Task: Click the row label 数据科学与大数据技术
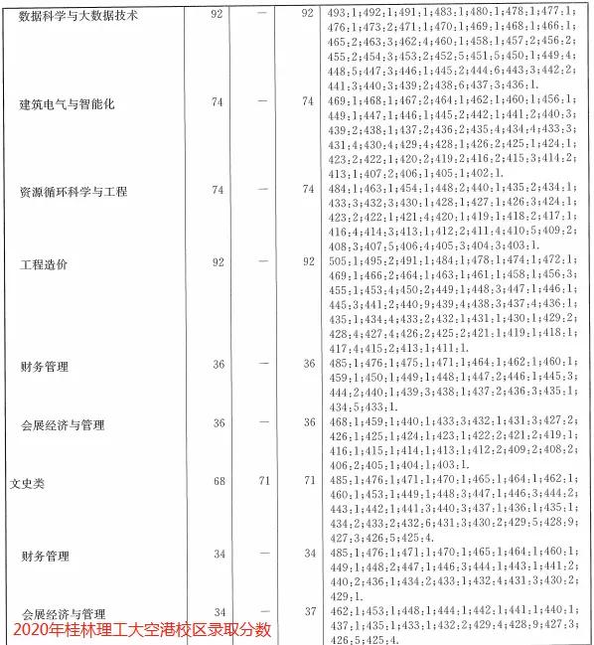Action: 78,16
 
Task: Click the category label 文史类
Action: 29,484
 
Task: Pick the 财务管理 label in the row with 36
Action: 45,367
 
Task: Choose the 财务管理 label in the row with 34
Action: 45,555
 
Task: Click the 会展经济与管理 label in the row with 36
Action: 63,425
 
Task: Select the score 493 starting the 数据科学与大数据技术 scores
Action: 339,14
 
